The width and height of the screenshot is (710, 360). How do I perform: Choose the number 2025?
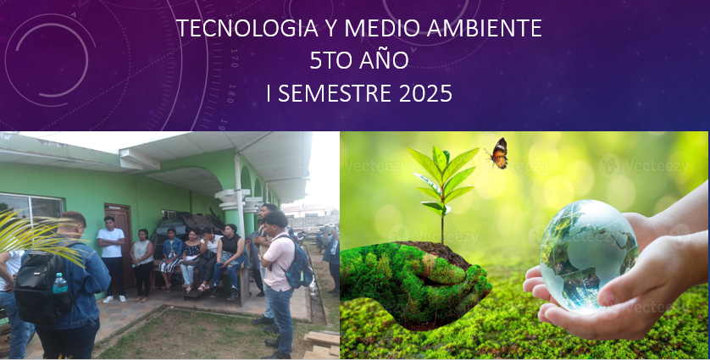point(425,93)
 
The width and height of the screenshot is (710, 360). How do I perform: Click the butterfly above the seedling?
point(497,153)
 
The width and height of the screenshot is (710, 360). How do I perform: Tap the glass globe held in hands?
point(589,256)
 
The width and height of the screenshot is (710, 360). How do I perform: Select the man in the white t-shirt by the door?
point(111,259)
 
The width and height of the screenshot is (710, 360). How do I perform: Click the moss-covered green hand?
point(414,283)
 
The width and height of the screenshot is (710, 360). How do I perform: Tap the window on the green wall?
point(31,211)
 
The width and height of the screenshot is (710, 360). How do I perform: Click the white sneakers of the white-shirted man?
point(114,299)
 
